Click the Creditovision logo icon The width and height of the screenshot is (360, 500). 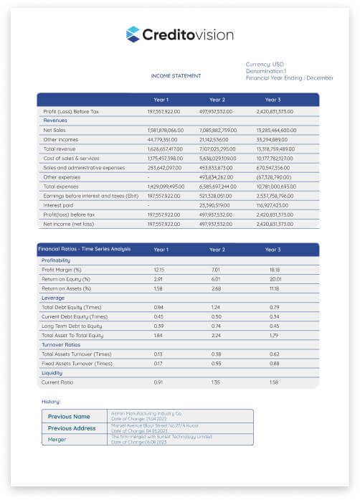pyautogui.click(x=133, y=34)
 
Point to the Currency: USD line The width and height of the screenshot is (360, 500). pyautogui.click(x=265, y=64)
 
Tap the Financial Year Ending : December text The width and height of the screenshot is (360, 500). pyautogui.click(x=290, y=77)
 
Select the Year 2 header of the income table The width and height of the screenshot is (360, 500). pyautogui.click(x=217, y=100)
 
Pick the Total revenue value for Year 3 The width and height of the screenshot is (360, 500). pyautogui.click(x=276, y=148)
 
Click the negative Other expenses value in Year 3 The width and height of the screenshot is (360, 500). pyautogui.click(x=274, y=176)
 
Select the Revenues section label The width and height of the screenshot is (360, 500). pyautogui.click(x=55, y=121)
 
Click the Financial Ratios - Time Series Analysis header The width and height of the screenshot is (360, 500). pyautogui.click(x=85, y=250)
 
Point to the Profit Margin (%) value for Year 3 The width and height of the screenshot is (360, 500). pyautogui.click(x=273, y=269)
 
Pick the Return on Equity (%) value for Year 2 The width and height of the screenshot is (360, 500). pyautogui.click(x=217, y=278)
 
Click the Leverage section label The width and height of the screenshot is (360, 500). pyautogui.click(x=54, y=297)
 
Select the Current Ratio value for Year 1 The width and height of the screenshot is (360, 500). pyautogui.click(x=159, y=382)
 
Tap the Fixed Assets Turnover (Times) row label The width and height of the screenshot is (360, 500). pyautogui.click(x=77, y=364)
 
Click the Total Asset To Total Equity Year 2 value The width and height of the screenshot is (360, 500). pyautogui.click(x=217, y=335)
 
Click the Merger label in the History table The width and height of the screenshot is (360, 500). pyautogui.click(x=57, y=439)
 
